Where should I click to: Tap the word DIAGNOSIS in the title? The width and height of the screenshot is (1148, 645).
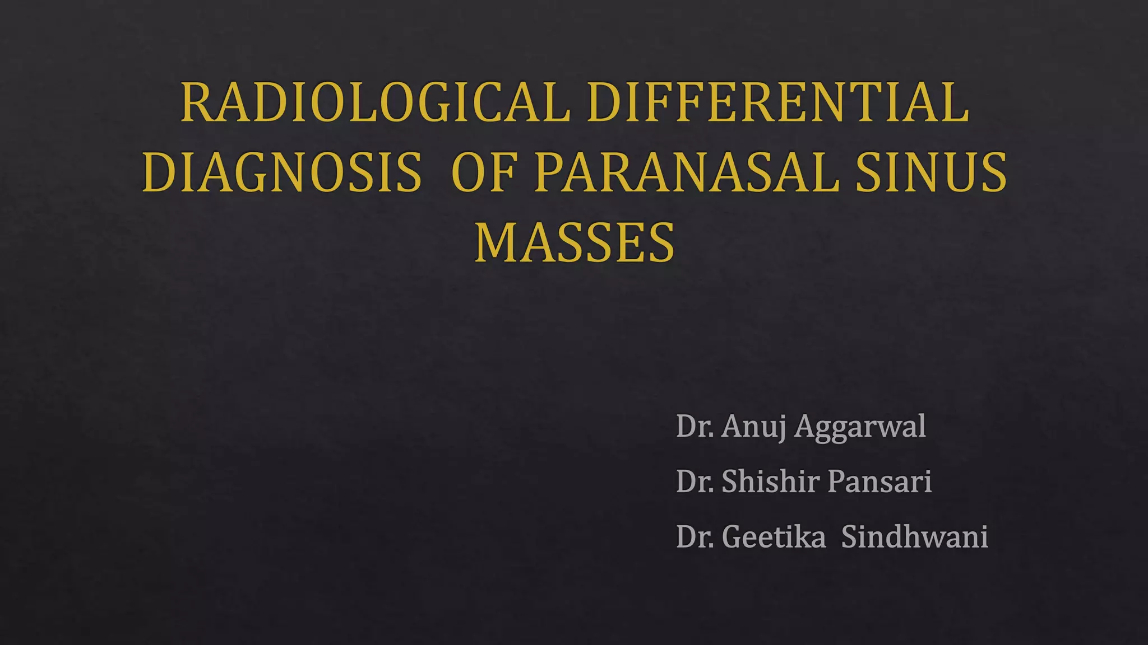pos(281,172)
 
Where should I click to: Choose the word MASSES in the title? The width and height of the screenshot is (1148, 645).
pos(575,243)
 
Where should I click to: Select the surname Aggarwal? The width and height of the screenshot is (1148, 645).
pos(860,427)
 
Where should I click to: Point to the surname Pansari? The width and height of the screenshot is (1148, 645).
pos(879,482)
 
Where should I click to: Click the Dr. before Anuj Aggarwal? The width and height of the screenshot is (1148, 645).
pos(695,427)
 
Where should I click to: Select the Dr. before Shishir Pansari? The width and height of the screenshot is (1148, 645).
pos(695,482)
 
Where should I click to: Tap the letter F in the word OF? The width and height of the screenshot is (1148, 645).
pos(502,172)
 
